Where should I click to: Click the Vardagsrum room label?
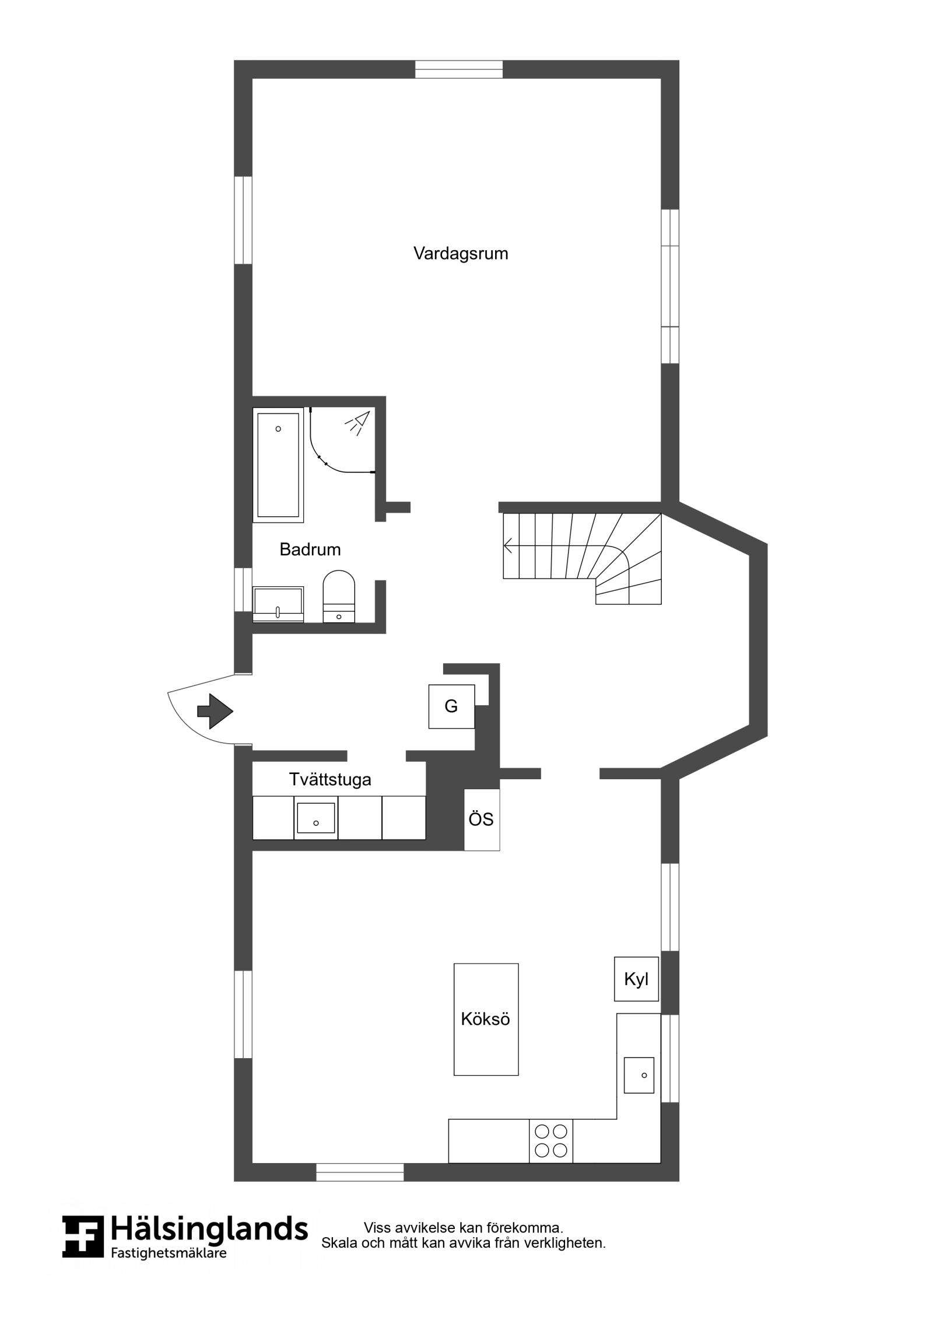pos(461,254)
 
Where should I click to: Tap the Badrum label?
pos(310,549)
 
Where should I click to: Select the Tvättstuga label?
pos(330,780)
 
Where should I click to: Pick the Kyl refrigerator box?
pos(636,979)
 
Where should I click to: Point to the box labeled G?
pos(451,706)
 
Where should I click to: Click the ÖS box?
pos(482,820)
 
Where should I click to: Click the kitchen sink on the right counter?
pos(639,1075)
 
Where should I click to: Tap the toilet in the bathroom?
pos(339,596)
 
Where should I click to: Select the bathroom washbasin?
pos(278,604)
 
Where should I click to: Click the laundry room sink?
pos(316,818)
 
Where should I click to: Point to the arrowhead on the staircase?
pos(508,545)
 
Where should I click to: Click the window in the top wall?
pos(459,69)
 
